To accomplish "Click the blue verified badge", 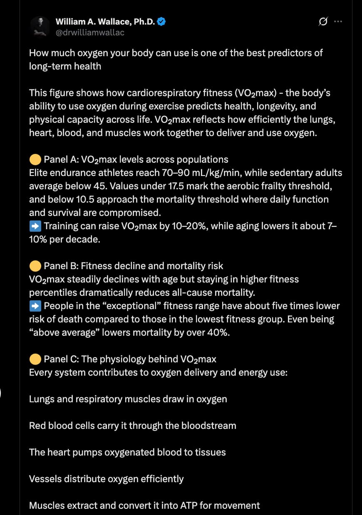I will [162, 22].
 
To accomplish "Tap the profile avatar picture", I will [40, 27].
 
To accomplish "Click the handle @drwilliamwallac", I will [90, 32].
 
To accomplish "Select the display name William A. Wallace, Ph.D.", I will [105, 22].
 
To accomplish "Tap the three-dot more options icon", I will [338, 22].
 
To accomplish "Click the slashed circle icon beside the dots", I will [323, 22].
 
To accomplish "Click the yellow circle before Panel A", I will [35, 159].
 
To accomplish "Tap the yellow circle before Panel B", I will [35, 266].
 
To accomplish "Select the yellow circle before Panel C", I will [35, 359].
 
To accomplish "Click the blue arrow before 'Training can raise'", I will [35, 226].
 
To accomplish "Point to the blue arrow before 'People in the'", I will [35, 306].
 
